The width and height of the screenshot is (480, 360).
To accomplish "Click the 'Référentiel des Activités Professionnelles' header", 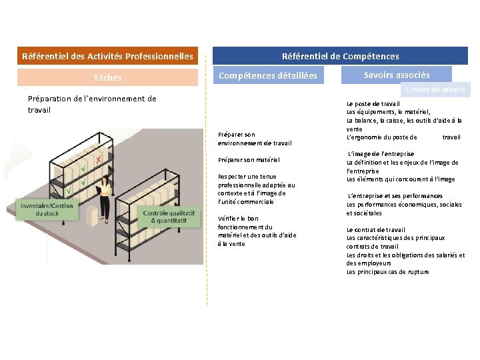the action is coord(107,56).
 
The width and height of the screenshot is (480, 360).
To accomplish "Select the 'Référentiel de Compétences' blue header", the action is coord(340,56).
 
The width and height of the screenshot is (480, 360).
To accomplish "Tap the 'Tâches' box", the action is coord(107,77).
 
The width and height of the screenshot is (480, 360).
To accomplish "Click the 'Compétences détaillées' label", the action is coord(268,76).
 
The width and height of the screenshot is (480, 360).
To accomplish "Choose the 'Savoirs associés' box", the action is coord(397,75).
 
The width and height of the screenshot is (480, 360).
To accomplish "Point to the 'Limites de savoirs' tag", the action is coord(435,89).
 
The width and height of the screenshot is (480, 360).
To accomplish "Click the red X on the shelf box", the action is coord(98,159).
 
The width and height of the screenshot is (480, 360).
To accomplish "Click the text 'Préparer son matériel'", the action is coord(249,160).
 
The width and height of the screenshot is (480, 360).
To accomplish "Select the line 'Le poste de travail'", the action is coord(373,104).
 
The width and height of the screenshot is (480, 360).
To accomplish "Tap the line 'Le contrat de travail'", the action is coord(375,230).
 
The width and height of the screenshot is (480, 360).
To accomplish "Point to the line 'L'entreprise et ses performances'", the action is coord(395,196).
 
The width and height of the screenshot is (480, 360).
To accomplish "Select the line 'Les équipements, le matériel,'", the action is coord(388,112).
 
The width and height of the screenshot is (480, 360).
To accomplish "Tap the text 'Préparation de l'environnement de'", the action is coord(92,99).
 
